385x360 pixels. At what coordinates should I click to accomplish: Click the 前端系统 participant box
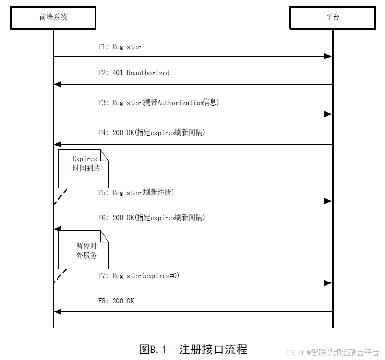[x=53, y=18]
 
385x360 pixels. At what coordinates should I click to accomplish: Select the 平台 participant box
[x=333, y=18]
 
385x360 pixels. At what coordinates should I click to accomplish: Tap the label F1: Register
[x=119, y=47]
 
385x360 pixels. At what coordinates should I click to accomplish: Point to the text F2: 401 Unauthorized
[x=134, y=73]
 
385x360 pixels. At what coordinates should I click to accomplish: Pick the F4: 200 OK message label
[x=151, y=133]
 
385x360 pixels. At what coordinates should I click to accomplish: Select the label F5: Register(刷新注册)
[x=136, y=193]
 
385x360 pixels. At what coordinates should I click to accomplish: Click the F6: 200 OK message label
[x=151, y=218]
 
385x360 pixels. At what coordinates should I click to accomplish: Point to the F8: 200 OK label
[x=116, y=301]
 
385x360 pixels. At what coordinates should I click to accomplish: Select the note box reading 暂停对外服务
[x=84, y=250]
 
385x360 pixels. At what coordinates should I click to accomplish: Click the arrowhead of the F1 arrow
[x=328, y=56]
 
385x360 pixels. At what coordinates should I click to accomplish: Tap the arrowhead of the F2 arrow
[x=58, y=84]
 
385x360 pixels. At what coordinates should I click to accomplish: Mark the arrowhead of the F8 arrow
[x=58, y=312]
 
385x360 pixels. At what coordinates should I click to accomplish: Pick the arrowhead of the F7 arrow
[x=328, y=283]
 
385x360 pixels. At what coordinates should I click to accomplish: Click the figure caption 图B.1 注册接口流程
[x=193, y=350]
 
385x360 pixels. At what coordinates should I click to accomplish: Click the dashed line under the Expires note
[x=60, y=196]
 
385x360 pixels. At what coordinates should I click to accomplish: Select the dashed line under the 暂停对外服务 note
[x=60, y=276]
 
